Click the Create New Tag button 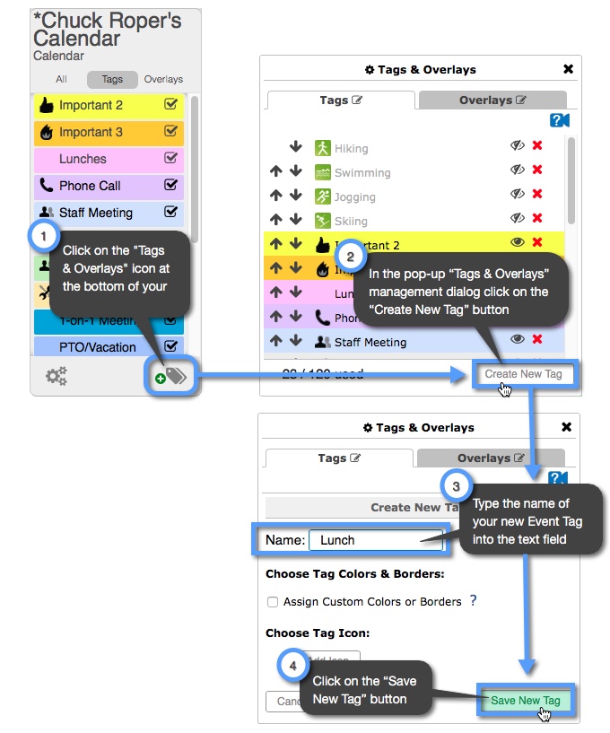tap(524, 374)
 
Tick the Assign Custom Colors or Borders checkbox tap(272, 602)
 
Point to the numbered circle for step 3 tap(457, 487)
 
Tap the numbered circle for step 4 tap(293, 666)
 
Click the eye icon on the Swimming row tap(518, 170)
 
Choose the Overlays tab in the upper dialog tap(492, 100)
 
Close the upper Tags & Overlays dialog tap(568, 69)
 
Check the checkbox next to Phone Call tap(171, 186)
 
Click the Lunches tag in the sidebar tap(83, 159)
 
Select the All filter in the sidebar tap(61, 79)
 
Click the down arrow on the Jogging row tap(295, 196)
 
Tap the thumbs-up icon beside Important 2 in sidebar tap(46, 105)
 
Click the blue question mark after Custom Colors tap(474, 600)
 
